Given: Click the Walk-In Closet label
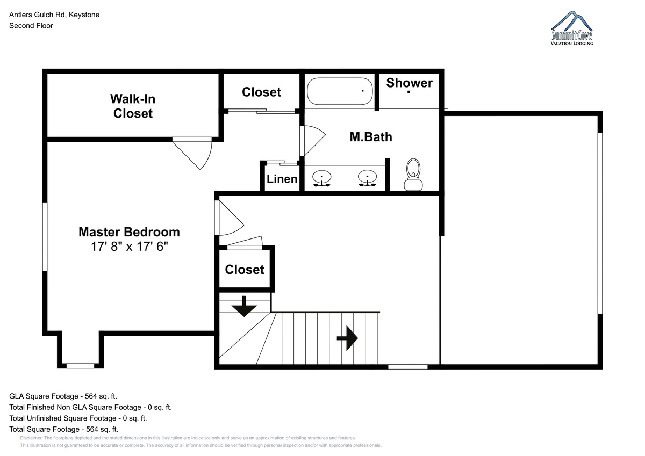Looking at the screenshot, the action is [133, 106].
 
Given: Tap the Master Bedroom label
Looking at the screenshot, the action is [130, 232].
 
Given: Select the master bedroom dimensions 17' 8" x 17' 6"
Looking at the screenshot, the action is [130, 247].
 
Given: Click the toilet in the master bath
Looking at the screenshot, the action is [413, 175].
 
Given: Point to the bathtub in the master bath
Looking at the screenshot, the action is [340, 91].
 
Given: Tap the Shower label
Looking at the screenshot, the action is [409, 83].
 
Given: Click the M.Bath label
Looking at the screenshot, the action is [371, 137].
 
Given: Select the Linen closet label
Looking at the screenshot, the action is [282, 179].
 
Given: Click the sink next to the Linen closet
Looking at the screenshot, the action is [322, 178].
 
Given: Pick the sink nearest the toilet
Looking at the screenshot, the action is [367, 178].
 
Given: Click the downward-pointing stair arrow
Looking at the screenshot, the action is [244, 306].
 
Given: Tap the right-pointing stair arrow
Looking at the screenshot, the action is [347, 338].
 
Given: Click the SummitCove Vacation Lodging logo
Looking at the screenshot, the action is [571, 28].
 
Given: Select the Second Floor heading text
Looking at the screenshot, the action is [31, 26].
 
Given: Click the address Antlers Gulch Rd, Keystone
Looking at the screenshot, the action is [54, 15].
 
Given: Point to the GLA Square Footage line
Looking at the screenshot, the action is [63, 396].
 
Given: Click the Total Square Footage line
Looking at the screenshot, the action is [63, 429].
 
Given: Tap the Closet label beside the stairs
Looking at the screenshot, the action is [245, 270].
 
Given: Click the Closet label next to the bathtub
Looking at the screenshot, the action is [261, 92].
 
